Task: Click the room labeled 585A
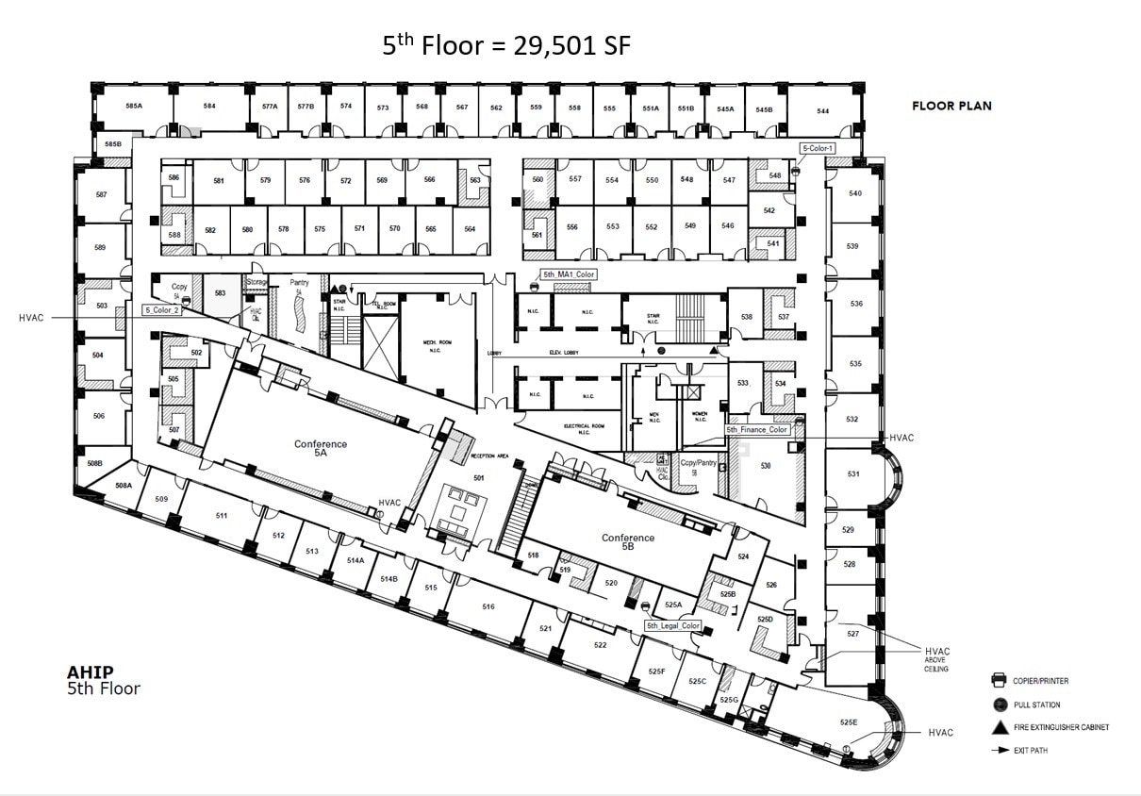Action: [134, 106]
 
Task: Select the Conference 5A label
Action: [321, 449]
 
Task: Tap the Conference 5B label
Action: [628, 542]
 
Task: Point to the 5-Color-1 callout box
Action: [818, 149]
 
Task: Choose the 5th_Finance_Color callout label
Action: [756, 430]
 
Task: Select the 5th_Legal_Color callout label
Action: [673, 625]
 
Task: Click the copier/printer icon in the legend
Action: [997, 680]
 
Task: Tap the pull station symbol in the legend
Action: [997, 705]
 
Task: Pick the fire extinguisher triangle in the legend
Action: [997, 727]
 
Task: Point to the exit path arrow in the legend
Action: [997, 751]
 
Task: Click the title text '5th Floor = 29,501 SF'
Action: [505, 45]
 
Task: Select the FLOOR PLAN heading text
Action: [951, 106]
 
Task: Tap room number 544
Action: [823, 111]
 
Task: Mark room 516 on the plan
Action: [488, 606]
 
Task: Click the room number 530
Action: [766, 466]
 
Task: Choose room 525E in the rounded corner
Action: [849, 722]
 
